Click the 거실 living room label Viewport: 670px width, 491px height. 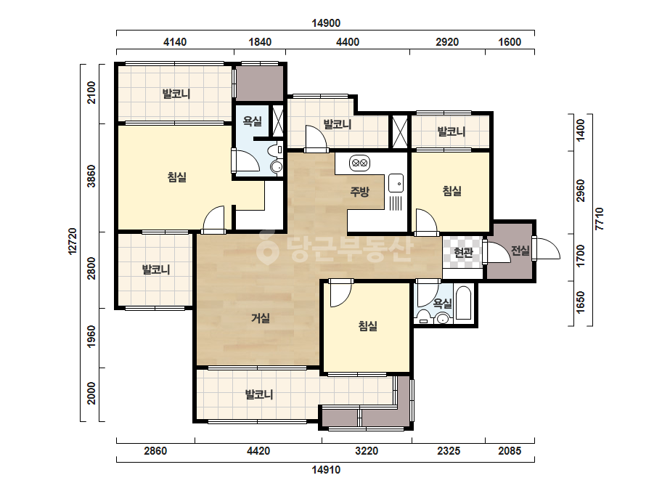click(260, 318)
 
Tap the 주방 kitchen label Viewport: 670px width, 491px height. click(360, 191)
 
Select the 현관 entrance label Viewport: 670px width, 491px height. click(463, 253)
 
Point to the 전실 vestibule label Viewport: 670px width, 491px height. click(520, 251)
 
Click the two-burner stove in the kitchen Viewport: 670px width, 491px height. click(360, 163)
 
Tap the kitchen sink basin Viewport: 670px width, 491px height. click(396, 184)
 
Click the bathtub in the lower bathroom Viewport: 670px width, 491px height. click(464, 303)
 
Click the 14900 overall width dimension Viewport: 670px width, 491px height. click(326, 23)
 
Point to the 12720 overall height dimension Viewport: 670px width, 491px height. click(73, 242)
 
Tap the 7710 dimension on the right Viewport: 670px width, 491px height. click(600, 219)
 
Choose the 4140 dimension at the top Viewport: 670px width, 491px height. click(175, 42)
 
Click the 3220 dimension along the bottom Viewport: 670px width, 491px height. click(367, 451)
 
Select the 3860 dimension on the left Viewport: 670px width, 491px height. click(91, 176)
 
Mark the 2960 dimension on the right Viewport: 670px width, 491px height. click(580, 191)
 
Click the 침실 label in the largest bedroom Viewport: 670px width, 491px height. click(177, 177)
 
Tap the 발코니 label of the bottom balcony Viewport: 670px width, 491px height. click(259, 394)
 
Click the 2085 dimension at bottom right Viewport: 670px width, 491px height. click(510, 451)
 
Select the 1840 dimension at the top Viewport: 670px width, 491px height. click(260, 42)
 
